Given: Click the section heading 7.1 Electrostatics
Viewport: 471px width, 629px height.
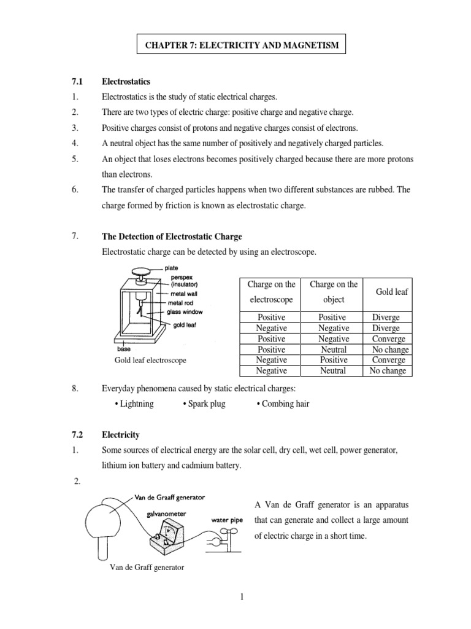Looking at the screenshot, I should tap(126, 81).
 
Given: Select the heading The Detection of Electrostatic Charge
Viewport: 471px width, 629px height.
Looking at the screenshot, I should tap(172, 236).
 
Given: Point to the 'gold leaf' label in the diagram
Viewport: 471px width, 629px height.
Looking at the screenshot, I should tap(184, 324).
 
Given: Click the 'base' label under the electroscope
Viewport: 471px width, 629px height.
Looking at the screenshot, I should tap(123, 348).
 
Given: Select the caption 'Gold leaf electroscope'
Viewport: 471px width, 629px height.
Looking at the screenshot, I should tap(150, 359).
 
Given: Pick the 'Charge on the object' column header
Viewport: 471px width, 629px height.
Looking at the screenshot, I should tap(333, 292).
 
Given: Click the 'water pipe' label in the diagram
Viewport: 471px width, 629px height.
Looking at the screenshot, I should tap(228, 520).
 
